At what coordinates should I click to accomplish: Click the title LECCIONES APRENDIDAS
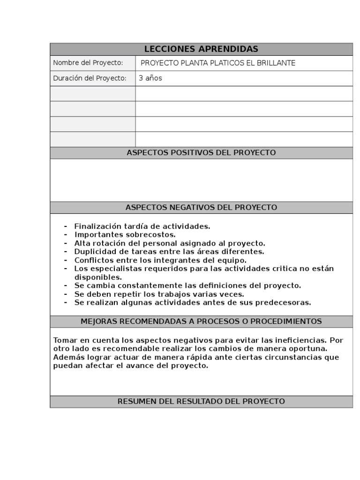click(x=201, y=49)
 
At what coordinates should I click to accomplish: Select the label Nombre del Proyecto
click(x=88, y=63)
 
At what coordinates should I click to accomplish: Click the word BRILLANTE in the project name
click(x=275, y=63)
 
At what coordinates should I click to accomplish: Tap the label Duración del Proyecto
click(x=90, y=78)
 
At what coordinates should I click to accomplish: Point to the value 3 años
click(x=150, y=78)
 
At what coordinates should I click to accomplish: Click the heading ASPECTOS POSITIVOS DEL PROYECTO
click(x=201, y=153)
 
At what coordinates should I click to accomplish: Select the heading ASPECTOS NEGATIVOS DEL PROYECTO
click(x=201, y=207)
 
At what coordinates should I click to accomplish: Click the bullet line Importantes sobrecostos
click(x=125, y=234)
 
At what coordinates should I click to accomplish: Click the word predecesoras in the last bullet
click(x=287, y=303)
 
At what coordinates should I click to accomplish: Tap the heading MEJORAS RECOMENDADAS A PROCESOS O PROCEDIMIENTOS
click(x=201, y=322)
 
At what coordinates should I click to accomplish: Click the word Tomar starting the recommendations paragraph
click(x=64, y=340)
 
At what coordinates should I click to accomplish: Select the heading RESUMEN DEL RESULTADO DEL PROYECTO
click(x=201, y=402)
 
